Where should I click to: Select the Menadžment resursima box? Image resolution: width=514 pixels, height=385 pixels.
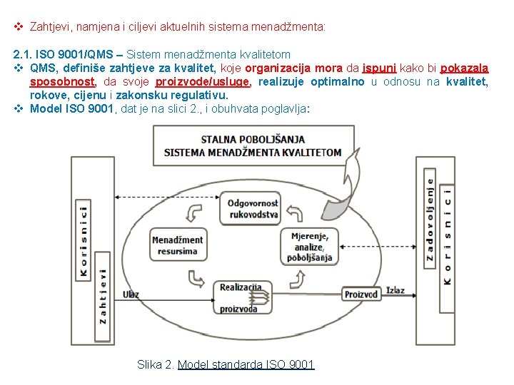[178, 245]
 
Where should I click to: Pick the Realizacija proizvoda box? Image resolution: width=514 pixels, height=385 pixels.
[240, 297]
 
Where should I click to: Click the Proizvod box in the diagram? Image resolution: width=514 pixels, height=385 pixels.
[363, 294]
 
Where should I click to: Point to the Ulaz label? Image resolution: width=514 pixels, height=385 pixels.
[131, 294]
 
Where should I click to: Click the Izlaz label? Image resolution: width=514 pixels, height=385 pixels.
[395, 290]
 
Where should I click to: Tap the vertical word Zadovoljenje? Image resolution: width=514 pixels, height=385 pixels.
[430, 217]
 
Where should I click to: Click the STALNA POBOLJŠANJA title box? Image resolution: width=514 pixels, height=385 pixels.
[253, 145]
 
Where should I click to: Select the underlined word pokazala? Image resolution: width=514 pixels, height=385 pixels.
[464, 68]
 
